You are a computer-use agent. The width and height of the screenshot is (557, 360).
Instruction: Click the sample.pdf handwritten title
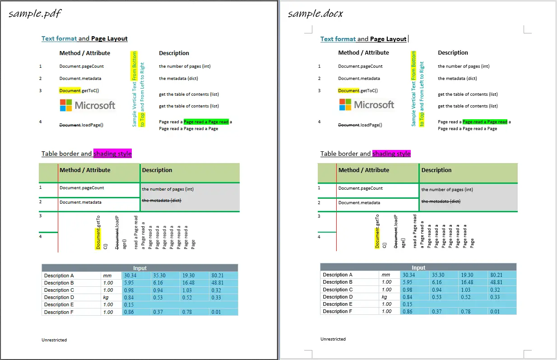35,14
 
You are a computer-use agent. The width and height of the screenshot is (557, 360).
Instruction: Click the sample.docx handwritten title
316,14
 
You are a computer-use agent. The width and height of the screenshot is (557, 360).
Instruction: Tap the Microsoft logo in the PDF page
88,106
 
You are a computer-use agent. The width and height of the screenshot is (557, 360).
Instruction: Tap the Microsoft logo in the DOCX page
367,105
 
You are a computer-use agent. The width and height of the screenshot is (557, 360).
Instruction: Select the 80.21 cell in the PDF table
217,276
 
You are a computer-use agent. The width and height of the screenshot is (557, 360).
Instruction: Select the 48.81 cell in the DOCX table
496,282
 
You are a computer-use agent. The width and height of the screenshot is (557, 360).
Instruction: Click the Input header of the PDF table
140,268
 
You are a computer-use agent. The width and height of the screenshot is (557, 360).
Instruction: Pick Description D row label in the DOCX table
338,297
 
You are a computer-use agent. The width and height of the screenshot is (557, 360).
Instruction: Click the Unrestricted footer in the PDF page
54,340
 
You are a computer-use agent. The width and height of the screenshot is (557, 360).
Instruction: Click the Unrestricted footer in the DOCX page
333,339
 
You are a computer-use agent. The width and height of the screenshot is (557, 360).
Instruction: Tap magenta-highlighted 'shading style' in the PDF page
112,154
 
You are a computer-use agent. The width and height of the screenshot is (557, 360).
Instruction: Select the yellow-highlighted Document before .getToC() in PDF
70,90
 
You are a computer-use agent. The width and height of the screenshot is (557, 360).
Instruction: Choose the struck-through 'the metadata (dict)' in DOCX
441,201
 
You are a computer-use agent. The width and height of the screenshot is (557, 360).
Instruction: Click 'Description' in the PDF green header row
157,170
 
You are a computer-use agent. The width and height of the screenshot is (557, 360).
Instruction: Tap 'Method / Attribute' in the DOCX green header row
363,170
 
